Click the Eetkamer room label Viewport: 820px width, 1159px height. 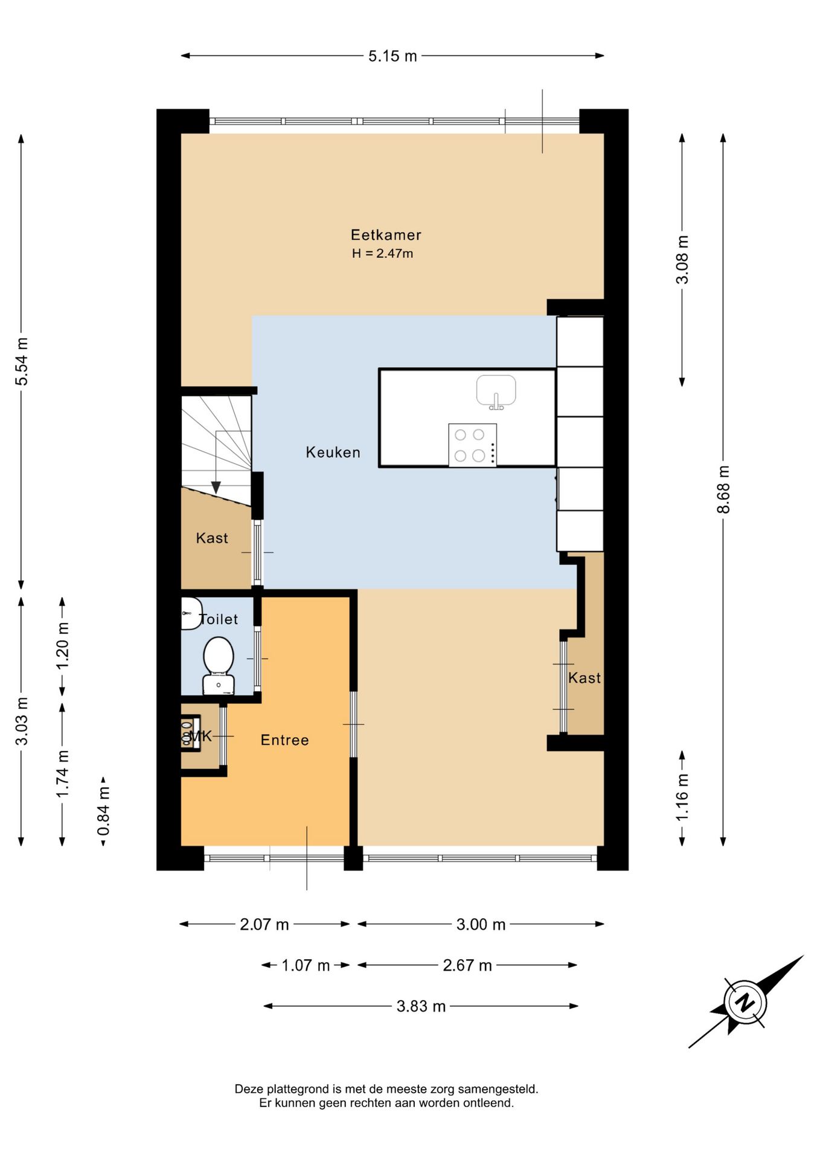[x=386, y=235]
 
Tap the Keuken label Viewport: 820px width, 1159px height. [x=333, y=452]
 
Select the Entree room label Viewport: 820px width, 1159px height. [x=284, y=740]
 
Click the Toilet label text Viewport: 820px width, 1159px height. [x=219, y=619]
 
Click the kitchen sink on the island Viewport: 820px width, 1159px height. [x=496, y=392]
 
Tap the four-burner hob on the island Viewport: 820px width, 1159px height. [x=473, y=445]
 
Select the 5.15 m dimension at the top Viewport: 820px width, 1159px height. [x=392, y=56]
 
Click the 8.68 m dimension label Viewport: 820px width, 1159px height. [x=723, y=490]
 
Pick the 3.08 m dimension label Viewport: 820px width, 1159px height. [x=682, y=260]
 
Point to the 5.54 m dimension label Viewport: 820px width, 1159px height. [x=22, y=362]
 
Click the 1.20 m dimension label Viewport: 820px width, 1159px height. [x=63, y=645]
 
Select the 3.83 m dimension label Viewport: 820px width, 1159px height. [x=421, y=1006]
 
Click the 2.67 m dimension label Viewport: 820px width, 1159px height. [x=467, y=965]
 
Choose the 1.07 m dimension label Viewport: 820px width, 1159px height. [x=306, y=965]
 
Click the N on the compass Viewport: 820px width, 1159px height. [x=746, y=1002]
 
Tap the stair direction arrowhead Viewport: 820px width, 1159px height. [x=216, y=487]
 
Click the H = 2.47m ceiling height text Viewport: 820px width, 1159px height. [x=382, y=254]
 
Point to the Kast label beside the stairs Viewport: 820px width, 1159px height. [x=212, y=538]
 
